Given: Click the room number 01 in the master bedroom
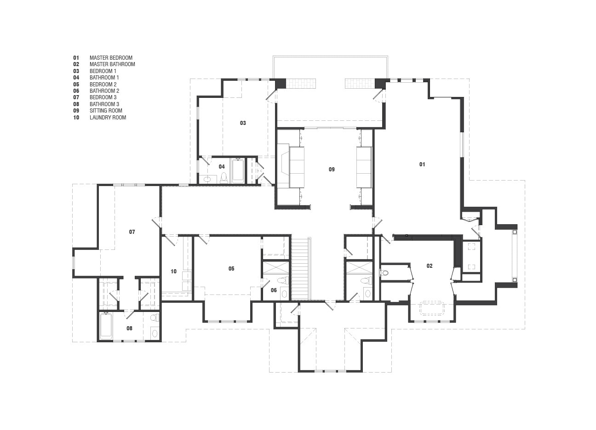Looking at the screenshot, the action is tap(422, 164).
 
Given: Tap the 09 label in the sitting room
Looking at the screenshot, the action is tap(332, 169).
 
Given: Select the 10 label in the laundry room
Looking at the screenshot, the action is tap(173, 272).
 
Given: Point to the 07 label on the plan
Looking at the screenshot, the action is tap(132, 232).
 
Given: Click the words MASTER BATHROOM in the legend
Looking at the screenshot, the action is tap(112, 64).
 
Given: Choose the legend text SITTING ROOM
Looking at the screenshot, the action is tap(106, 111).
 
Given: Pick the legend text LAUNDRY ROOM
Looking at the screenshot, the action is tap(108, 117).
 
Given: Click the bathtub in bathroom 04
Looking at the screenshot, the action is tap(238, 170).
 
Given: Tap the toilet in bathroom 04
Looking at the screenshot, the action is tap(224, 178).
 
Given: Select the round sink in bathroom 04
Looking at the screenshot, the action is tap(207, 179).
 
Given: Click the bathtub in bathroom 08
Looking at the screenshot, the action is tap(106, 326).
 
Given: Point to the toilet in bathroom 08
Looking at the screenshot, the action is tap(154, 317).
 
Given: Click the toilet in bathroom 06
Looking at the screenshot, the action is tap(282, 280).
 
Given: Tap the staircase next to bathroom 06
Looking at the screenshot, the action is tap(301, 269).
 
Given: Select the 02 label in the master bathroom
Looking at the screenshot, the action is tap(430, 266).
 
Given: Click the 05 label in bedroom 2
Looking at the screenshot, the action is tap(231, 269).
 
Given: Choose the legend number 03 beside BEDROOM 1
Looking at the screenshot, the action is tap(76, 71).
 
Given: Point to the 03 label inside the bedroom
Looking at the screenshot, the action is tap(243, 123).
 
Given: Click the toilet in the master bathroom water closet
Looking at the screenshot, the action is tap(384, 272).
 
